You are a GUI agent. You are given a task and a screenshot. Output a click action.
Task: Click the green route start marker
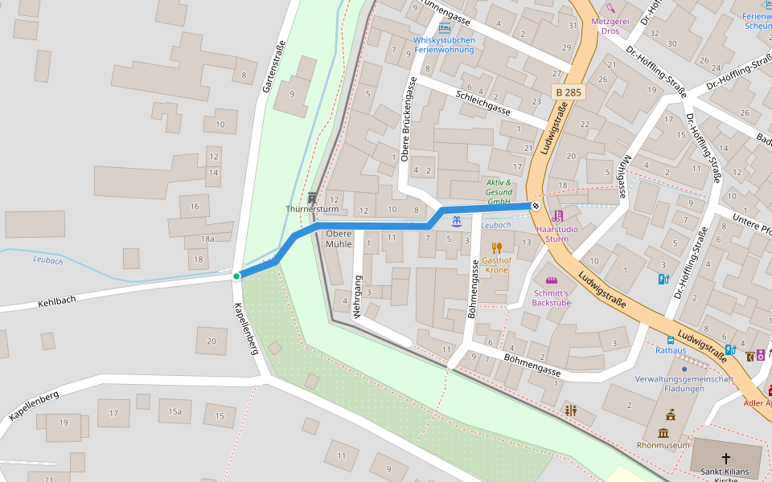click(x=236, y=276)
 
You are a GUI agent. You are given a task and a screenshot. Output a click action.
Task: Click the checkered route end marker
click(x=536, y=206)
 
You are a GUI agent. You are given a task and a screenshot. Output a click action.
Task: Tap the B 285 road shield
click(x=568, y=92)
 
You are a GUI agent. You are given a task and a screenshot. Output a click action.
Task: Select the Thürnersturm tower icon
click(x=313, y=197)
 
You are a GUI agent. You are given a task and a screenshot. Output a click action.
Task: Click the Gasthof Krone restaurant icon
click(x=497, y=248)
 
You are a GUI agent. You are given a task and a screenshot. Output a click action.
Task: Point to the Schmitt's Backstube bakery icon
click(x=551, y=280)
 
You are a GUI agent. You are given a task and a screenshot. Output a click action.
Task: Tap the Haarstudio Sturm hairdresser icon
click(x=557, y=216)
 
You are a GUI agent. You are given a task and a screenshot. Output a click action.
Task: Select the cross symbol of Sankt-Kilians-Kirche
click(x=726, y=459)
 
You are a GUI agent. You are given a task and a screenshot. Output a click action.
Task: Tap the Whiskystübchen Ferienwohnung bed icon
click(x=444, y=28)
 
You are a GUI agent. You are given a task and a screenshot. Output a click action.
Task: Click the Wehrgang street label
click(x=358, y=297)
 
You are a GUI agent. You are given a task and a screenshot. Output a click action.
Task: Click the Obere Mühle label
click(x=339, y=239)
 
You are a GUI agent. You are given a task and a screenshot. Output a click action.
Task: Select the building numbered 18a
click(x=207, y=239)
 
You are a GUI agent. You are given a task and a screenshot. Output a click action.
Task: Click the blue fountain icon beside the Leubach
click(x=456, y=221)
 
